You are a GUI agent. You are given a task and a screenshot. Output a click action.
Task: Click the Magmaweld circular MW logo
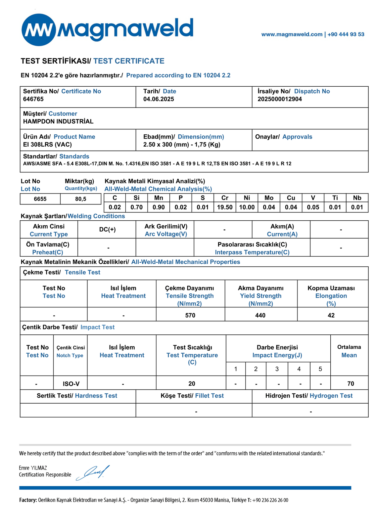(39, 30)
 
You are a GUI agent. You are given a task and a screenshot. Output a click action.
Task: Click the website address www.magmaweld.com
(292, 34)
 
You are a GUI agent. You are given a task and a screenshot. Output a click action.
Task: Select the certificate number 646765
(33, 99)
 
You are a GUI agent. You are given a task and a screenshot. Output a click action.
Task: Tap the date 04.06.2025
(159, 99)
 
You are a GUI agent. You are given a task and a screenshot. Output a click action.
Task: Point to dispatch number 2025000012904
(280, 99)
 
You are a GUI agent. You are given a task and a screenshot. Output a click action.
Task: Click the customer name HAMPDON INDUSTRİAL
(58, 121)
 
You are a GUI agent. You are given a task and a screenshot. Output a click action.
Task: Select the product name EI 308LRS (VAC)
(47, 145)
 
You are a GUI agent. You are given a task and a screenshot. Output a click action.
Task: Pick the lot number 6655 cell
(40, 199)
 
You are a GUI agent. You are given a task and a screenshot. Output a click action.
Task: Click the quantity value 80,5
(80, 199)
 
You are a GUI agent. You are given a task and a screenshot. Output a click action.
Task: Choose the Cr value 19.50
(225, 207)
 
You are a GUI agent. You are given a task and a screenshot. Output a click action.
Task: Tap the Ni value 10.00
(247, 207)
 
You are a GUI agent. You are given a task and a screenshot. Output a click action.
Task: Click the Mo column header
(269, 198)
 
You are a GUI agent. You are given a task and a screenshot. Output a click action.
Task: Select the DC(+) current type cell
(107, 230)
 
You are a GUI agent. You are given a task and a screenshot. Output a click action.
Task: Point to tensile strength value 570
(190, 315)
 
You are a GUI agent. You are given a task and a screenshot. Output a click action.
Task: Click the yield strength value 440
(260, 315)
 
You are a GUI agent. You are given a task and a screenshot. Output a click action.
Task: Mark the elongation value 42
(331, 315)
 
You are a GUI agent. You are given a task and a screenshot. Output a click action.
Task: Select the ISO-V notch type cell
(71, 384)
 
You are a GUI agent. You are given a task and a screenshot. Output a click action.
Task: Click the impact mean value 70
(351, 384)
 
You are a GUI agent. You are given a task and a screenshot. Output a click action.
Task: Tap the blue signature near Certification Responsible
(93, 473)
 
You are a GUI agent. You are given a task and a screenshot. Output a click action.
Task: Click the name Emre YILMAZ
(33, 468)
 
